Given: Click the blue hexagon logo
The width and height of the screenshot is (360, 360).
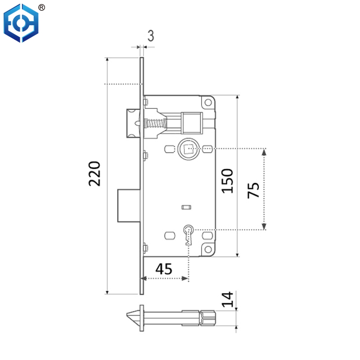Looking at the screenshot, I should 21,23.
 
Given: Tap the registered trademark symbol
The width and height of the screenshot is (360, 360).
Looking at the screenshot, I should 41,7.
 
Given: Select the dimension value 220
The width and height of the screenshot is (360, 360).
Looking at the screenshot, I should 95,173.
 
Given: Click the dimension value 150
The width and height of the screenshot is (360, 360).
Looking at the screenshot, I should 228,180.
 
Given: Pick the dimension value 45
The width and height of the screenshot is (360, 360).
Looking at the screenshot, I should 163,269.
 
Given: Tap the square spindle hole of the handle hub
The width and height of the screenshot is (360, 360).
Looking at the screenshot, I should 187,148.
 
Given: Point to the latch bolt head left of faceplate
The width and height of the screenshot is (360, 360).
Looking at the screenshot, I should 132,122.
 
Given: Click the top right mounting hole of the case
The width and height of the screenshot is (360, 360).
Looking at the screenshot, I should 208,103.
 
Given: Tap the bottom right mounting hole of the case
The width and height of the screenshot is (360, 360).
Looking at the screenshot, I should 208,248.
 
